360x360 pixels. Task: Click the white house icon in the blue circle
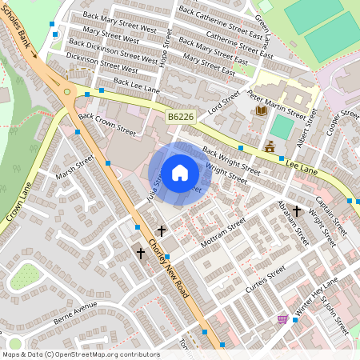point(180,173)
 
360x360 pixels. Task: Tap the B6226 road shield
point(181,118)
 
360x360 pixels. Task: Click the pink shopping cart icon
point(282,319)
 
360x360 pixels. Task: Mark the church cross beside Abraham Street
point(297,211)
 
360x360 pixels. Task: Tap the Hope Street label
point(167,50)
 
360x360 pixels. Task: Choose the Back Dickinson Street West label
point(113,50)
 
